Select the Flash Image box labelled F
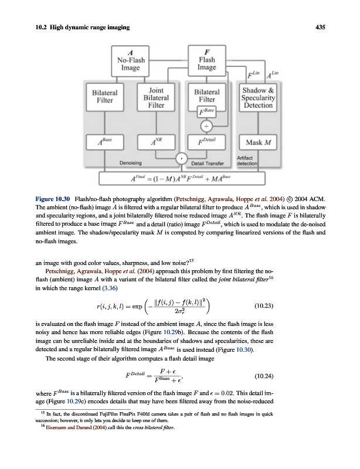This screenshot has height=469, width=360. pyautogui.click(x=206, y=60)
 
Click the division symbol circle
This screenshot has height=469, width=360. pyautogui.click(x=206, y=126)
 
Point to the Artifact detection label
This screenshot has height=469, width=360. pyautogui.click(x=247, y=159)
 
